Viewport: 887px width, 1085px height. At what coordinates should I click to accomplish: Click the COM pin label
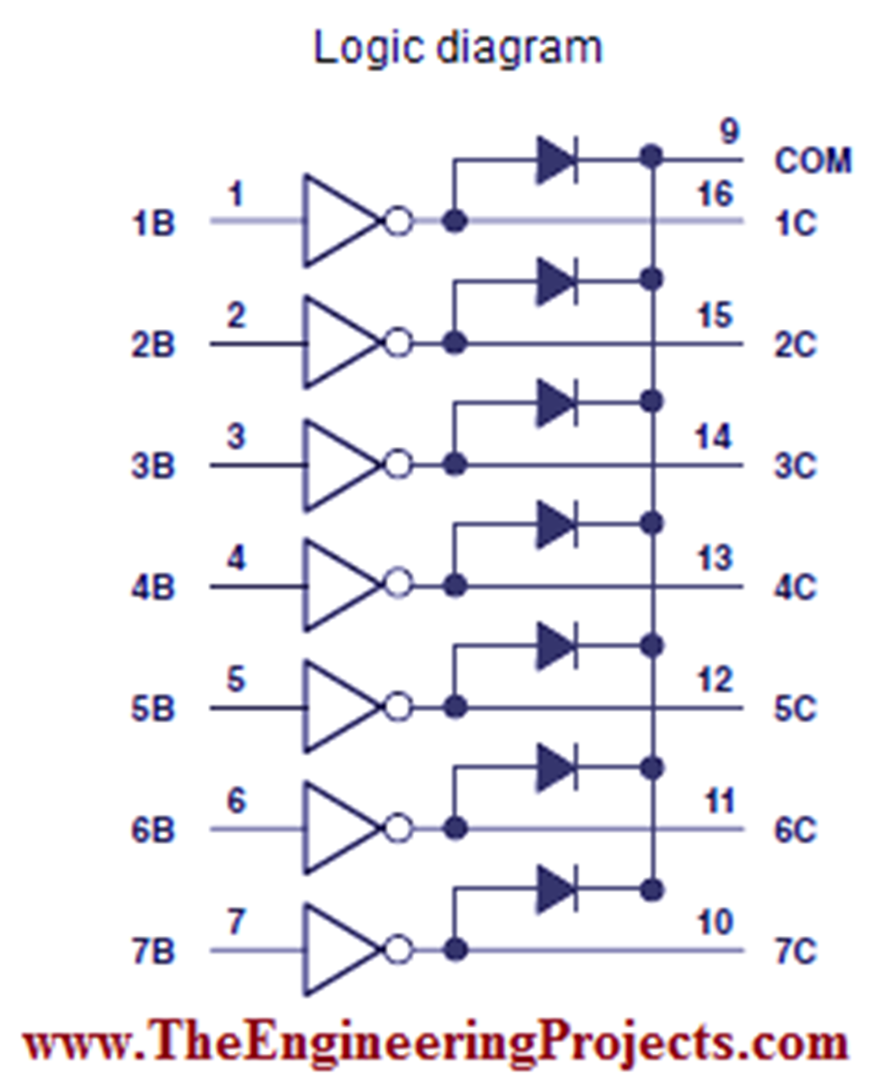(x=813, y=161)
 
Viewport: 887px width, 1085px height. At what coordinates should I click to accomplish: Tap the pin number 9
(x=729, y=132)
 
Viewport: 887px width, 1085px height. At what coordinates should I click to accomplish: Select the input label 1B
(x=153, y=224)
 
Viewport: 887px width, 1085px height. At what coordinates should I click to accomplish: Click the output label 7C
(x=795, y=952)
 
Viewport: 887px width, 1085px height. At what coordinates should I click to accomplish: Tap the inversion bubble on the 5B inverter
(x=398, y=708)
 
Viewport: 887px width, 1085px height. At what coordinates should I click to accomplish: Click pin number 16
(x=715, y=194)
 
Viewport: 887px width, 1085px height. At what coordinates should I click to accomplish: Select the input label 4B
(x=153, y=588)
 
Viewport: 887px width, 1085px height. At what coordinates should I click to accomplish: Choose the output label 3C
(x=795, y=467)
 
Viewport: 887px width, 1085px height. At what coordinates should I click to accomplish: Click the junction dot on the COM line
(x=652, y=157)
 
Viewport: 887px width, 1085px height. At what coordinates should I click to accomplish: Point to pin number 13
(x=715, y=559)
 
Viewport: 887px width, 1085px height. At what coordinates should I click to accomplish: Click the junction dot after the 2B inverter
(x=454, y=344)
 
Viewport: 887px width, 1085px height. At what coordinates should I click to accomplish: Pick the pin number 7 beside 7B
(x=236, y=922)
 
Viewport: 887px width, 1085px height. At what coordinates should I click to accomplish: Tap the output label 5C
(x=795, y=709)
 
